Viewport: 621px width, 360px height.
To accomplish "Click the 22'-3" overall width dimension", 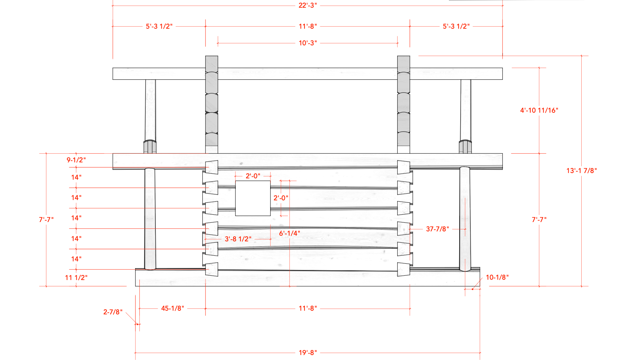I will point(307,5).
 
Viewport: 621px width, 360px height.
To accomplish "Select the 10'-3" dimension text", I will point(307,43).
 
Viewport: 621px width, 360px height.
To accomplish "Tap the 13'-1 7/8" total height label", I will point(581,171).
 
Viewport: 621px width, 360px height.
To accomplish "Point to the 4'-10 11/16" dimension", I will point(539,110).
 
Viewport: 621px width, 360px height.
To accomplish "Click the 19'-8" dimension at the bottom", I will point(307,353).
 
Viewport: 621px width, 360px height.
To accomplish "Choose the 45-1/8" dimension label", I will point(172,308).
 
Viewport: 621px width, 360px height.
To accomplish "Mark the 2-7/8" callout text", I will point(113,312).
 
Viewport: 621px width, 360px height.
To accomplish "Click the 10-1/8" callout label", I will point(497,277).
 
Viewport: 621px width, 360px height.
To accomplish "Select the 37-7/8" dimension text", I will point(437,229).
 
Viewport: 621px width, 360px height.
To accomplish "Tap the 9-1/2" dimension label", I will point(76,160).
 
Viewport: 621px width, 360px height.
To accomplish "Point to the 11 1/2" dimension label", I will point(76,278).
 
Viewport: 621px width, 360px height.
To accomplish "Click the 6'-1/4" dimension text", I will point(289,233).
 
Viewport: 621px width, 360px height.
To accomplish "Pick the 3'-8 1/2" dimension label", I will point(238,239).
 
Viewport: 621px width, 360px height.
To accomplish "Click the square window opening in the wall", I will point(253,198).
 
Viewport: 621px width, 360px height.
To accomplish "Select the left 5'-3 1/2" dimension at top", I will point(159,26).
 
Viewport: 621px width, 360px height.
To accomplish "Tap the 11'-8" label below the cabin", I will point(307,308).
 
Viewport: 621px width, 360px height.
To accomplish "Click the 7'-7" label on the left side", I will point(46,220).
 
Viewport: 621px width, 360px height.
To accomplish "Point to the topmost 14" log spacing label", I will point(76,177).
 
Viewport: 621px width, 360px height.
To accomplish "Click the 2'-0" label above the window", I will point(253,176).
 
